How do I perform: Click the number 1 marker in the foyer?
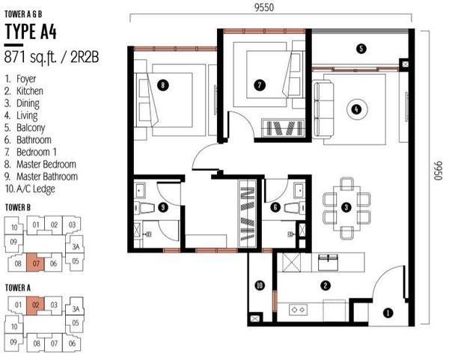(x=388, y=313)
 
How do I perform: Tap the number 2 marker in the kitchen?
(x=326, y=285)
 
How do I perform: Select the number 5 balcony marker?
(x=361, y=49)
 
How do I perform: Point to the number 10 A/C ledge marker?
(x=260, y=285)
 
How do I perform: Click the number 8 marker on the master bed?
(x=162, y=85)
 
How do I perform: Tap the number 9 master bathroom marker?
(x=163, y=207)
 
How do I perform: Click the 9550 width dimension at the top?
(x=264, y=7)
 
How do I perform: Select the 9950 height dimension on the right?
(x=438, y=171)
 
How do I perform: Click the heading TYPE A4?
(x=31, y=31)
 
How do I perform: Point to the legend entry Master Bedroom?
(x=46, y=165)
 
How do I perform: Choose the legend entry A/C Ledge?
(x=36, y=189)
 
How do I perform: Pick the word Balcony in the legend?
(x=31, y=128)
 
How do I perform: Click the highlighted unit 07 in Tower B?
(x=36, y=263)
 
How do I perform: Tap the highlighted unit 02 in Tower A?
(x=35, y=305)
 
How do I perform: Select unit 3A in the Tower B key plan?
(x=76, y=246)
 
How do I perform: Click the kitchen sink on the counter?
(x=329, y=262)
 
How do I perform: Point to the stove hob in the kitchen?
(x=298, y=310)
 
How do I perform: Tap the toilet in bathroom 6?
(x=295, y=207)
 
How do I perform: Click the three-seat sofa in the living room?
(x=324, y=109)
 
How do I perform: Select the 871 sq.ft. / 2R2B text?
(x=52, y=58)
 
